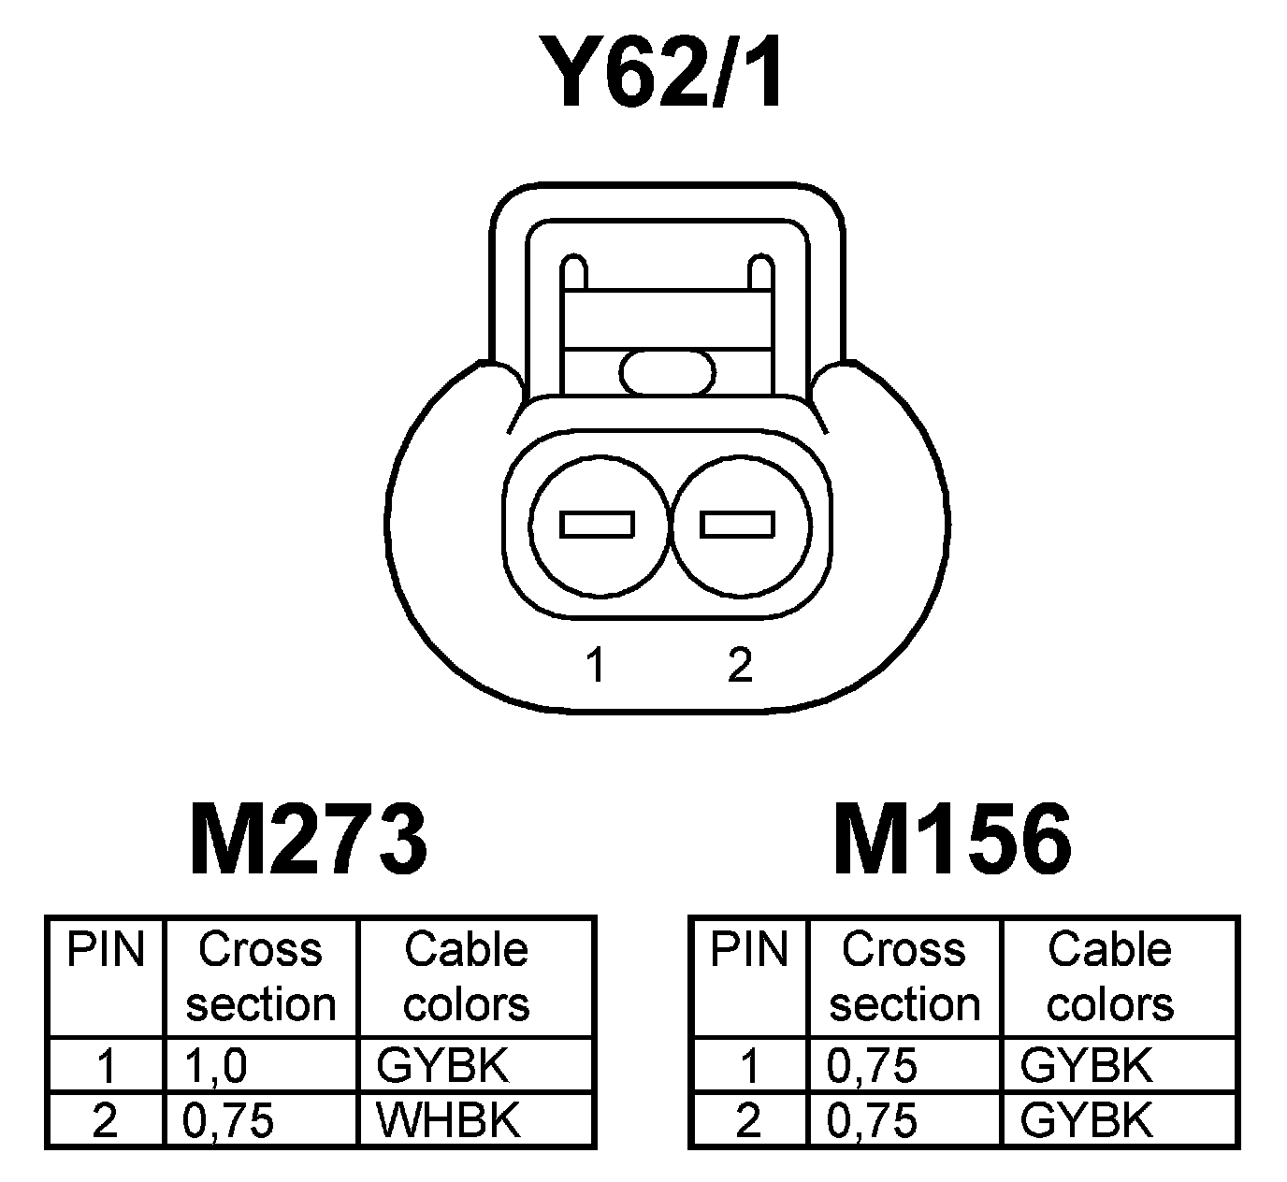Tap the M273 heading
pos(309,840)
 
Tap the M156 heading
pos(952,840)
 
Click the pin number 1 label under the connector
pos(594,666)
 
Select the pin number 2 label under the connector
pos(739,666)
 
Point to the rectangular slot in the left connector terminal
pos(597,525)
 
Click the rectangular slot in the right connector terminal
pos(738,525)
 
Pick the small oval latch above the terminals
pos(667,372)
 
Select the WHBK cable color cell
pos(447,1120)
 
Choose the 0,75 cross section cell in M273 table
pos(229,1120)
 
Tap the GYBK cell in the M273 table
pos(442,1066)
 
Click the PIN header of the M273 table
pos(106,950)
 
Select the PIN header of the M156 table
pos(749,950)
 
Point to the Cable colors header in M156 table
pos(1109,977)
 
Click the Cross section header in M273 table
pos(261,977)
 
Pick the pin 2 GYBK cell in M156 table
pos(1086,1120)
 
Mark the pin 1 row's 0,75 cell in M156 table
pos(873,1066)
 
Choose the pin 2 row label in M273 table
pos(105,1120)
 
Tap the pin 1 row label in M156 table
pos(748,1066)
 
